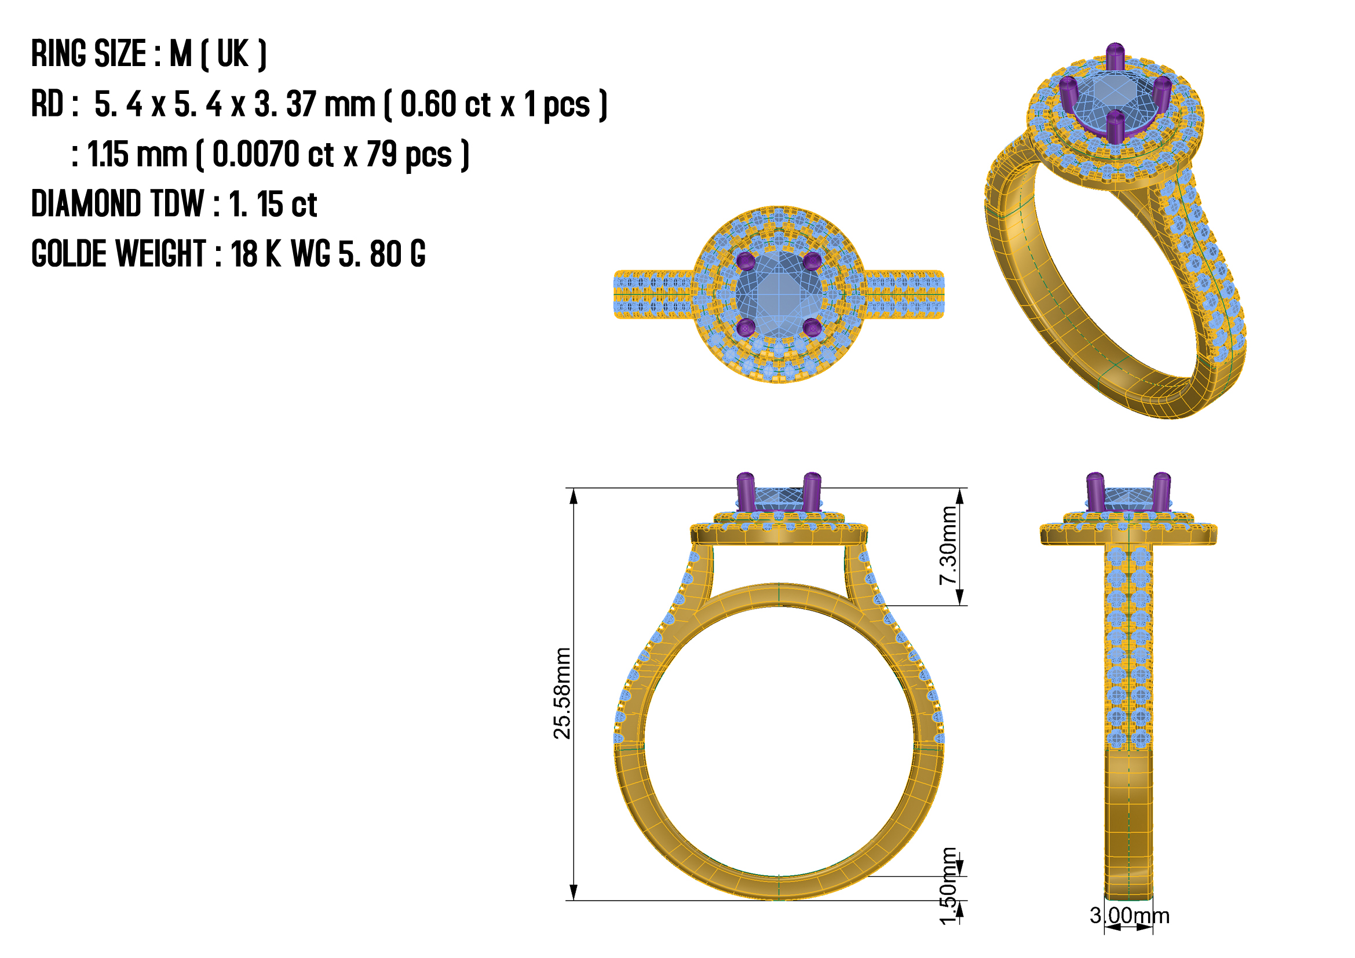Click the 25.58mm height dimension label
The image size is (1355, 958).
point(563,693)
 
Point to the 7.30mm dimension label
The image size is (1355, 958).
point(948,545)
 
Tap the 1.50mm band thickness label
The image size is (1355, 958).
point(948,886)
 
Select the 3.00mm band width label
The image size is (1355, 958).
point(1129,916)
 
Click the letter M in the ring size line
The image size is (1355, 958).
point(181,54)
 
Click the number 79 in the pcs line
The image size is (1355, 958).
point(381,154)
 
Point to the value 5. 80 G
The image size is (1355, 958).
point(382,254)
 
